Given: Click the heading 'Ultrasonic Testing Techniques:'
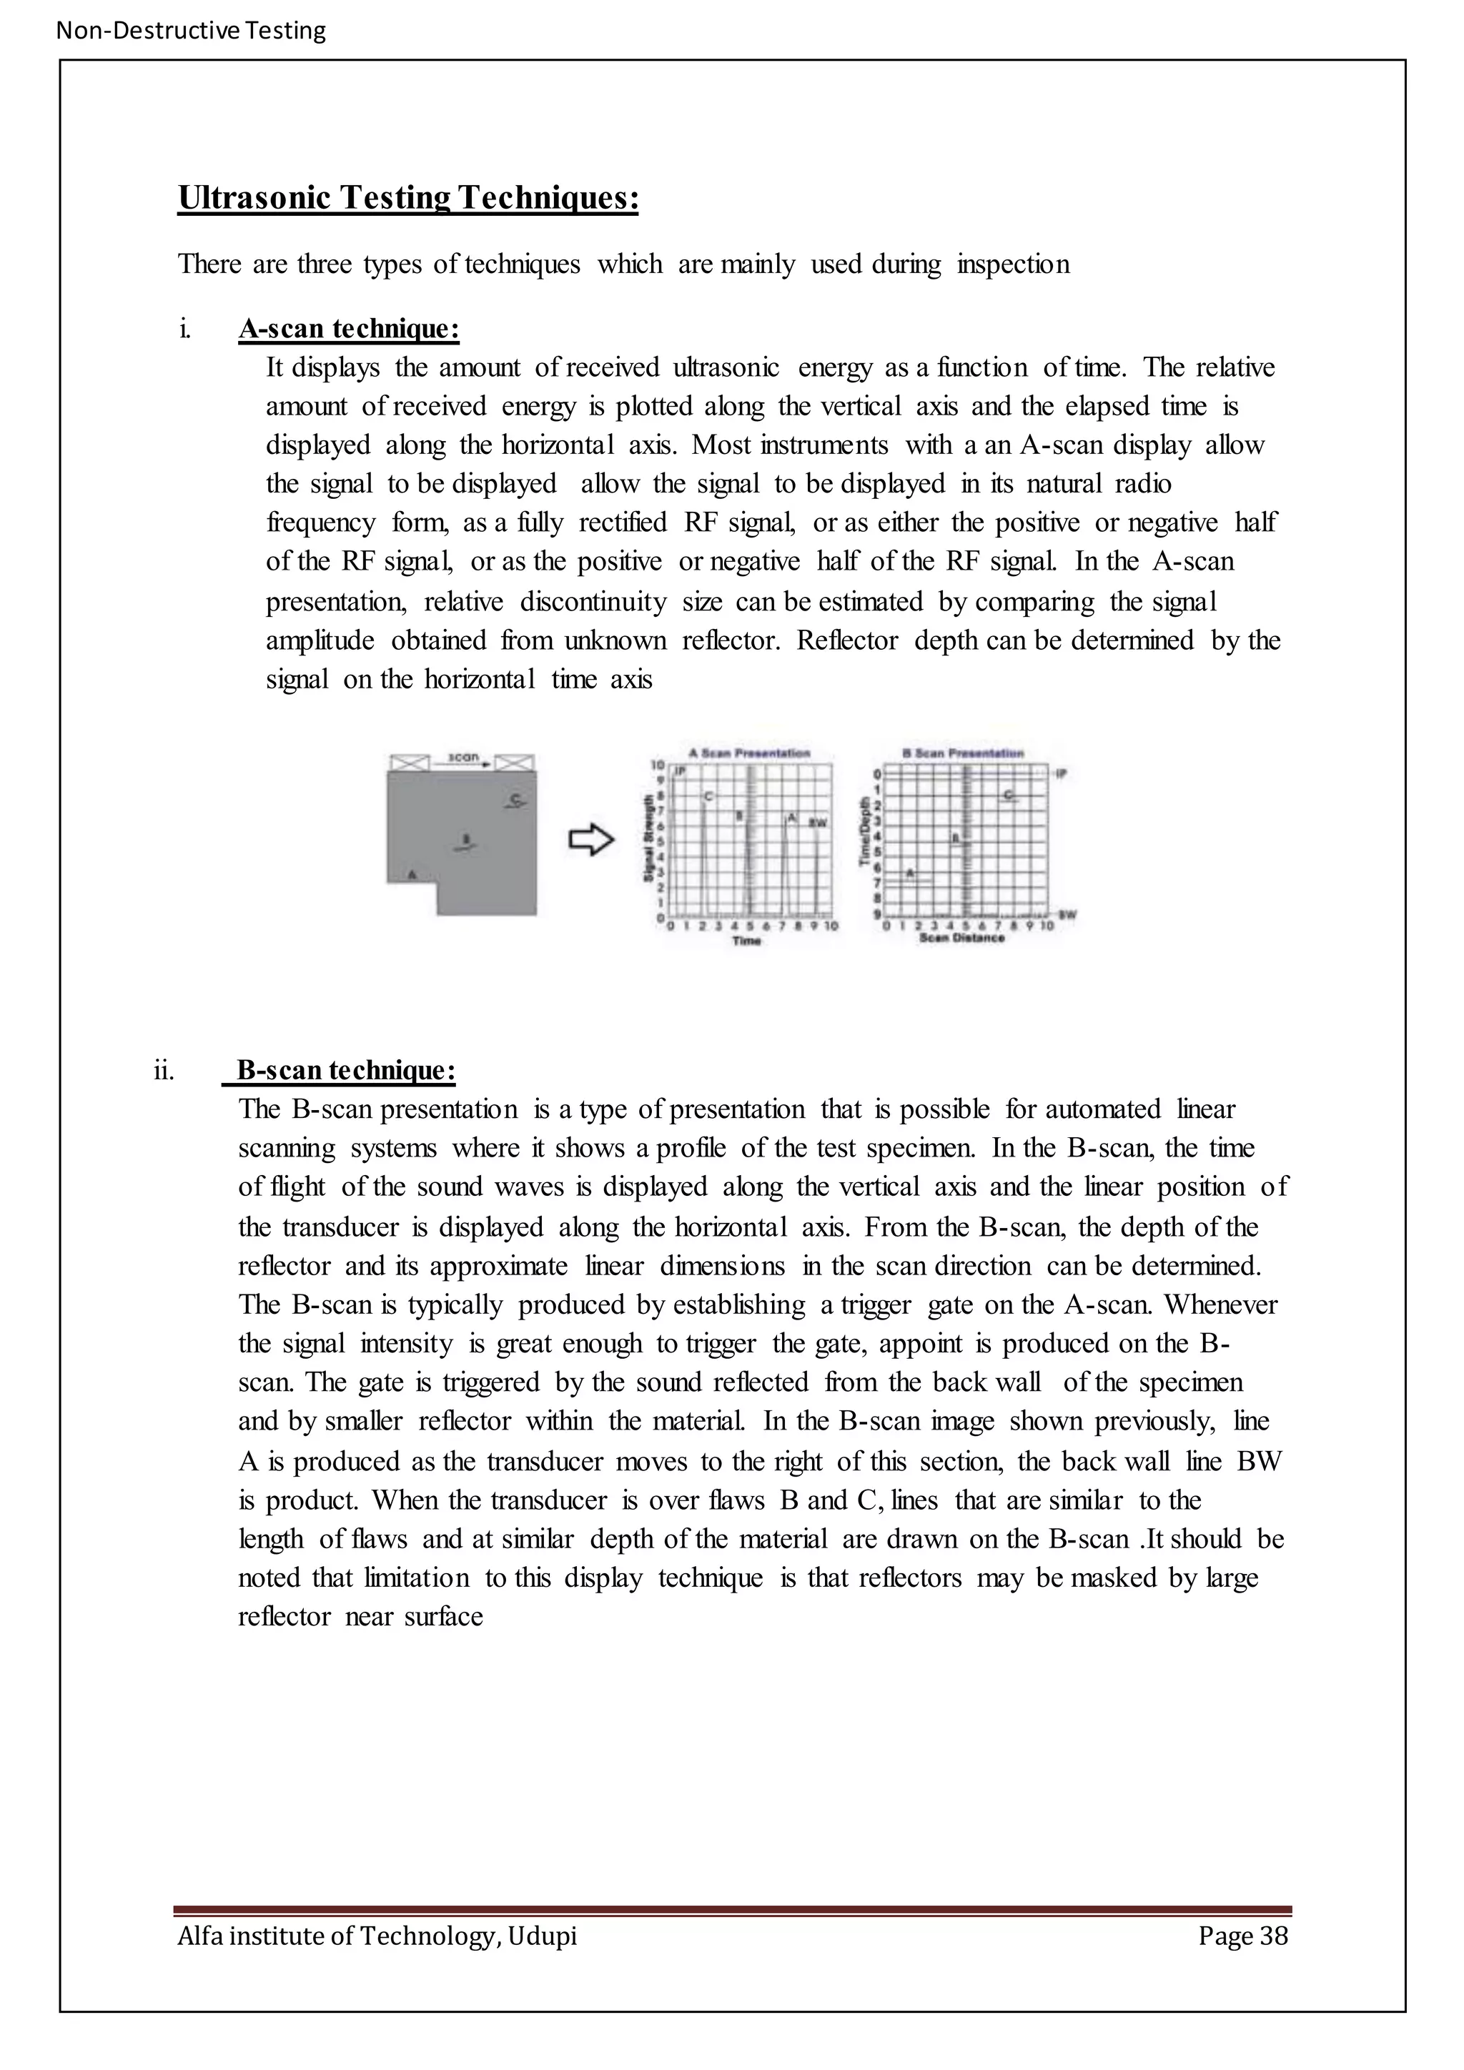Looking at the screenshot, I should [x=407, y=197].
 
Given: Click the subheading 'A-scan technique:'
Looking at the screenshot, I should [x=349, y=329].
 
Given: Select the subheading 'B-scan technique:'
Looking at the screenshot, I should [x=345, y=1070].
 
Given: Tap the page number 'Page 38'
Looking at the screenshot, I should [x=1242, y=1935].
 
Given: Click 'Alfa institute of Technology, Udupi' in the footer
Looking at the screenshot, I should [x=377, y=1935].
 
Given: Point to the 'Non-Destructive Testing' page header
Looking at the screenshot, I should [x=190, y=31].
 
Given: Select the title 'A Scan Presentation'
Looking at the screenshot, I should [x=749, y=753].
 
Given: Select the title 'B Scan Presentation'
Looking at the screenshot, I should [x=963, y=753].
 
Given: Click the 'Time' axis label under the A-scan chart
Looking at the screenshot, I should [x=746, y=941].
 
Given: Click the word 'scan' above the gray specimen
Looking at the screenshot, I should [x=463, y=758].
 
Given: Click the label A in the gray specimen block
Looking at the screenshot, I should [x=412, y=873].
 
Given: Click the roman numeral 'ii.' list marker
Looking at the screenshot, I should [x=164, y=1071].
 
